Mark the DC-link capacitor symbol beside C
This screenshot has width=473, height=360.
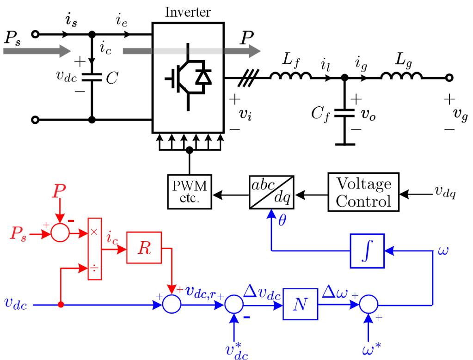(92, 77)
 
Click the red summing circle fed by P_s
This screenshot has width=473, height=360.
(60, 233)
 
